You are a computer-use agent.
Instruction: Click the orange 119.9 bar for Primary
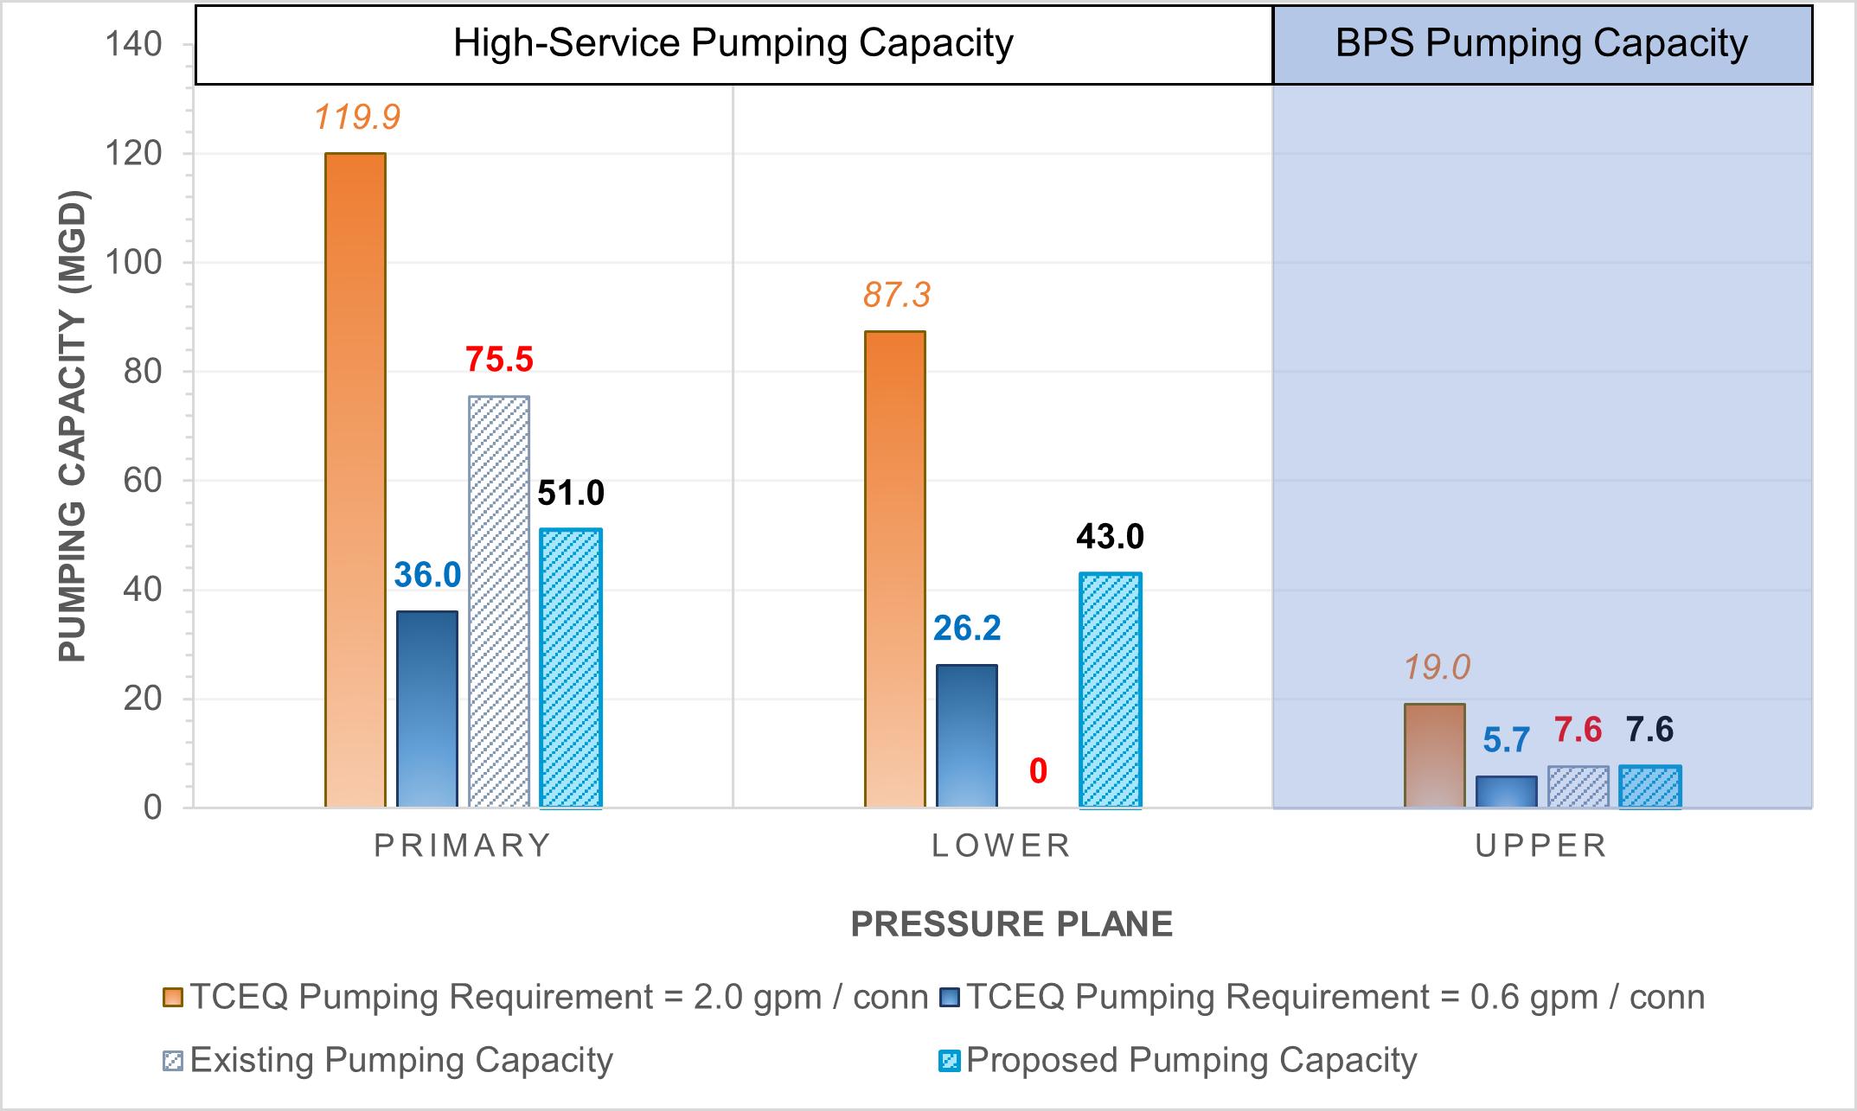[355, 480]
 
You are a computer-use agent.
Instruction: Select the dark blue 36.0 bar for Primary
[427, 709]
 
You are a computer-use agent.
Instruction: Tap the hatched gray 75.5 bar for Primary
[499, 601]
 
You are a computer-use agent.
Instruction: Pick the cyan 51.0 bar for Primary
[571, 667]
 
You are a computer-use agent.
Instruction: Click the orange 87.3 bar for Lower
[895, 569]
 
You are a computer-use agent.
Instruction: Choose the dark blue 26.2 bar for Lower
[967, 736]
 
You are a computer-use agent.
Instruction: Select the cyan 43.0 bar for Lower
[1111, 690]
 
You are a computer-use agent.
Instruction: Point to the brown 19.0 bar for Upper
[1435, 756]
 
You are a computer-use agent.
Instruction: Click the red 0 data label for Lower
[1038, 771]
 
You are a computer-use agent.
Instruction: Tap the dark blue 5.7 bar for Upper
[1507, 792]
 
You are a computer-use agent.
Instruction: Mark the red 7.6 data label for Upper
[1578, 731]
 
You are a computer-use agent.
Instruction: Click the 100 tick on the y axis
[133, 262]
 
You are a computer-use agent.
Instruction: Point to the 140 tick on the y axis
[133, 43]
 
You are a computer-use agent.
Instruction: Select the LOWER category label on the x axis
[1002, 845]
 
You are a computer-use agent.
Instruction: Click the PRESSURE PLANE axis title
[1011, 924]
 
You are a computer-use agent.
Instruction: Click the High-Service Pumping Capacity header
[733, 43]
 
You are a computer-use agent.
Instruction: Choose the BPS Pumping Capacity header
[1542, 43]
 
